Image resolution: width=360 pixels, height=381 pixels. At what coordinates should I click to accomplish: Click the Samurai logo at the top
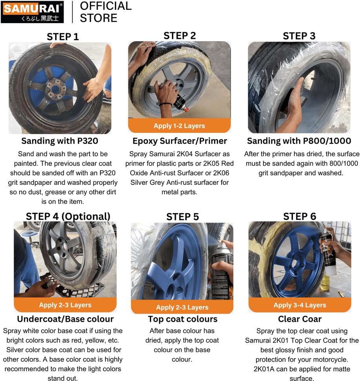point(32,12)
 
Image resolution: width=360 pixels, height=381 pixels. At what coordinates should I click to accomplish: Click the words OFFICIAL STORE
point(106,12)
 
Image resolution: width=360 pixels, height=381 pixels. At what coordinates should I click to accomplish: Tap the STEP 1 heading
point(63,37)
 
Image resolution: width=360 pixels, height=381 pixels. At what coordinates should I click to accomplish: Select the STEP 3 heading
point(299,36)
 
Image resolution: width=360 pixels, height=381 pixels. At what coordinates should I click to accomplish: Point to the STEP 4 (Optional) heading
point(68,216)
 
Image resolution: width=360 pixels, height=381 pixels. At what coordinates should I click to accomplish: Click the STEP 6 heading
point(300,216)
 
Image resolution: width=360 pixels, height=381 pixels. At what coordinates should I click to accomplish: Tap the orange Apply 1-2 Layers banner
point(179,126)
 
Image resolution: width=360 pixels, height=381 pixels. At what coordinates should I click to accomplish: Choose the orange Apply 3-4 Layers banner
point(300,305)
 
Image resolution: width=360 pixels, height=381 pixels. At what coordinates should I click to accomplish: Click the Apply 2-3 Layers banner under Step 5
point(182,307)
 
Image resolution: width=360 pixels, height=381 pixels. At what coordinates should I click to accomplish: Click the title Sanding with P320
point(60,141)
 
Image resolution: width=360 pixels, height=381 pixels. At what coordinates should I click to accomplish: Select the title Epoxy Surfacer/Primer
point(180,141)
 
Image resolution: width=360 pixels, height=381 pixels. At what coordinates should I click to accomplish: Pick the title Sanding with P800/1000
point(299,141)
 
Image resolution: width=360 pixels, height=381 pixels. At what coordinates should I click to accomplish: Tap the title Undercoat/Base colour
point(65,319)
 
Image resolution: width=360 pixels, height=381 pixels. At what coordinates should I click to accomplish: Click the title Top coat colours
point(183,319)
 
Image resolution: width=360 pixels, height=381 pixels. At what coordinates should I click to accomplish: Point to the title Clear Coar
point(300,319)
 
